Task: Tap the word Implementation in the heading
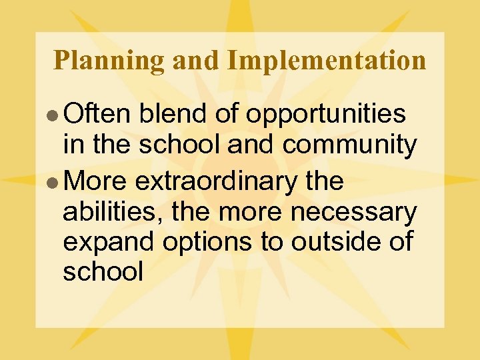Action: [326, 61]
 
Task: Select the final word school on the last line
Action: [103, 271]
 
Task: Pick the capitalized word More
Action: [98, 180]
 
